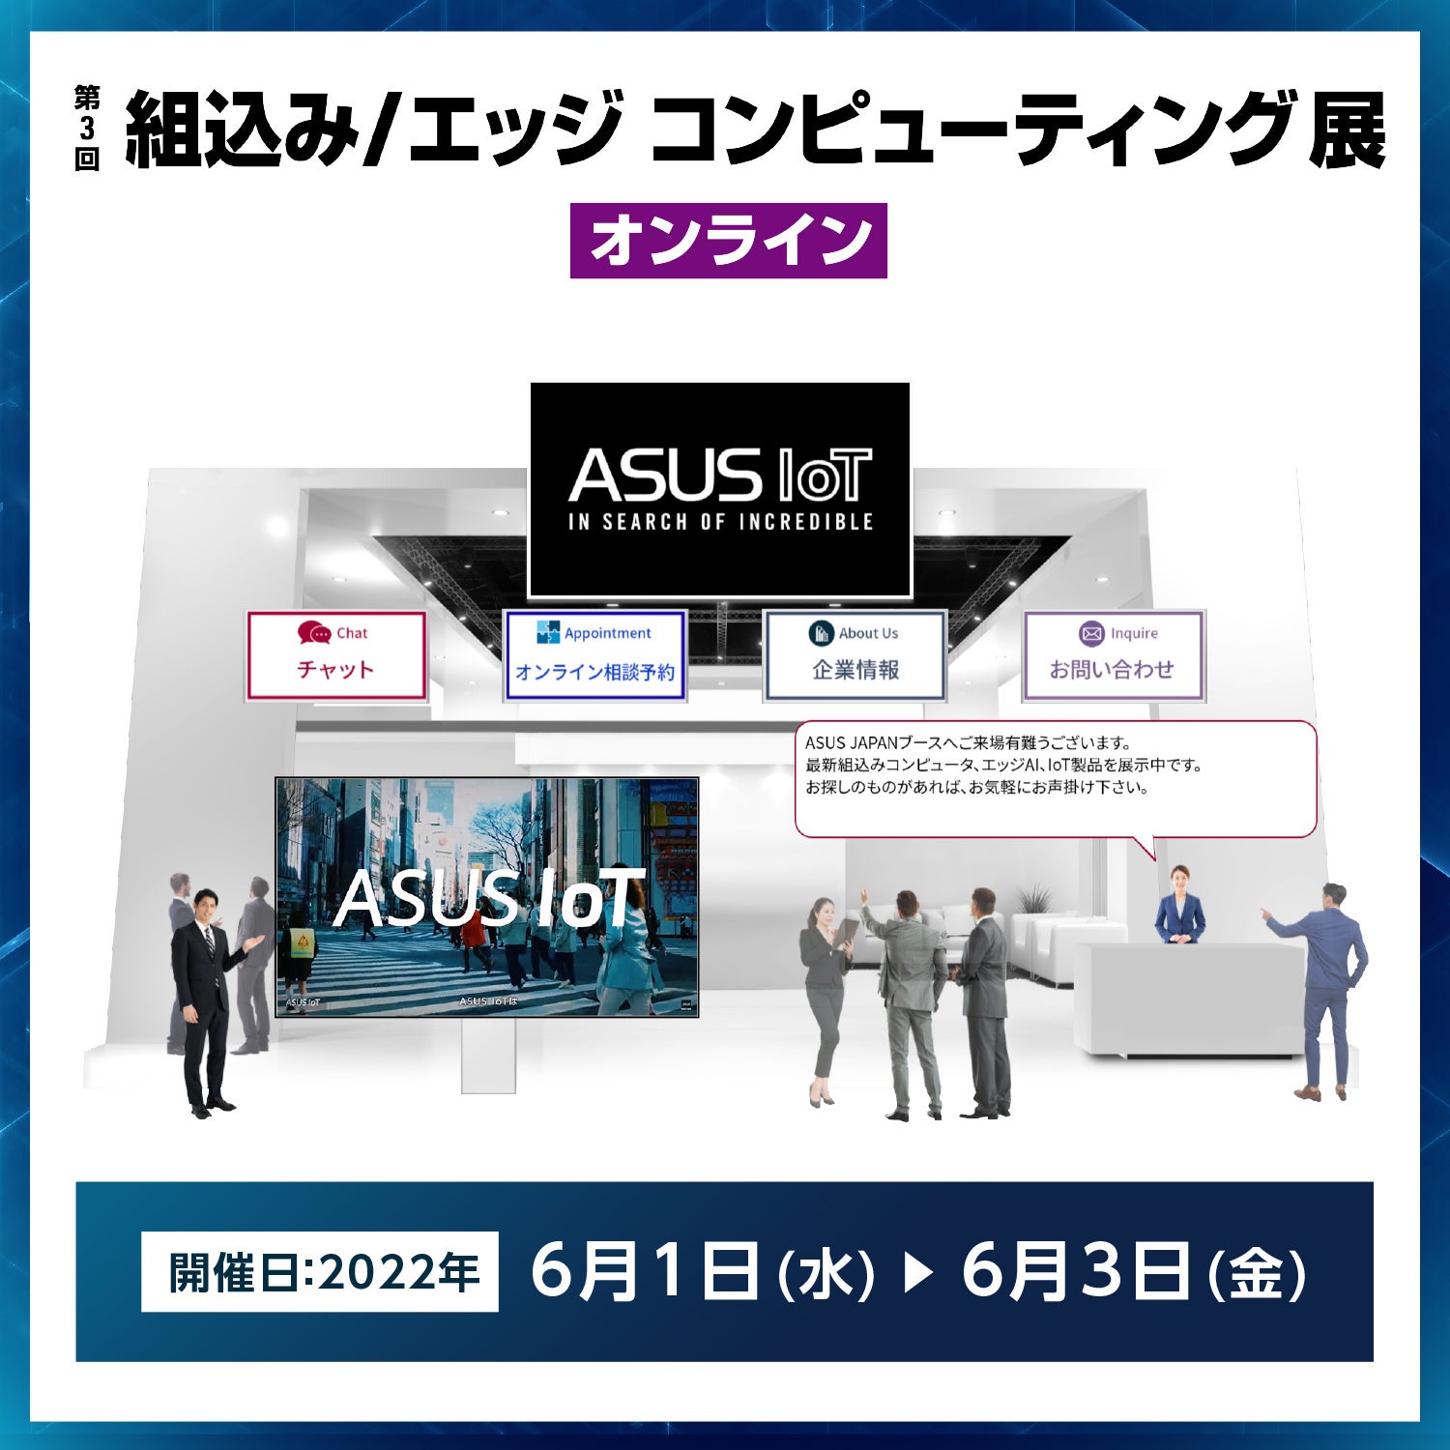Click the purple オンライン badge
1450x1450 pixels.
click(x=728, y=241)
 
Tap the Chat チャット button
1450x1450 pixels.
click(x=336, y=655)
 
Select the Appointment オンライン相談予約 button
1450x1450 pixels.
click(x=594, y=655)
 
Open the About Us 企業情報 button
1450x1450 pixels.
click(x=855, y=655)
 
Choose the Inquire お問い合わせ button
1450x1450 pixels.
click(x=1114, y=655)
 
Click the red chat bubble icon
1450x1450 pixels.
click(x=314, y=633)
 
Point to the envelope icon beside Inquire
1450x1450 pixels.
click(x=1091, y=634)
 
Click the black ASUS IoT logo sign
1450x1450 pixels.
click(x=720, y=489)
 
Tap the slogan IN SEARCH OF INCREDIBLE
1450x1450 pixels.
click(x=720, y=522)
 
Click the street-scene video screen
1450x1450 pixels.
click(x=486, y=896)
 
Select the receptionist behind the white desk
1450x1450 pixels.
click(x=1180, y=905)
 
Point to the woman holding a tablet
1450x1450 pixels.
click(x=825, y=996)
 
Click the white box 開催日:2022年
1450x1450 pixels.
click(x=320, y=1271)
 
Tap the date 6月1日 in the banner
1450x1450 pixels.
click(x=643, y=1271)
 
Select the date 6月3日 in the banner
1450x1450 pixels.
click(x=1074, y=1271)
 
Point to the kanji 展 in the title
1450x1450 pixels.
click(x=1347, y=130)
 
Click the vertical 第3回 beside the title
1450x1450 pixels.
click(x=87, y=129)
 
